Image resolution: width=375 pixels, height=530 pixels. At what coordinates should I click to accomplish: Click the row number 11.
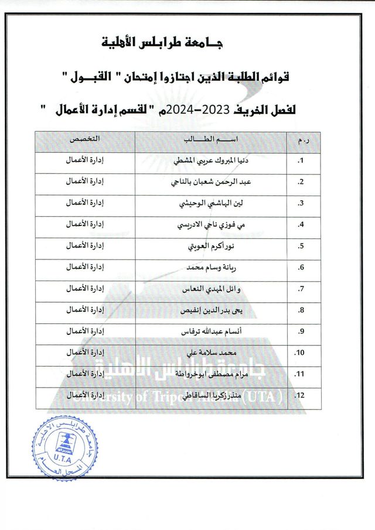pyautogui.click(x=299, y=375)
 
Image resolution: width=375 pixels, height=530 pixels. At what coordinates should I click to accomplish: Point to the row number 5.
pyautogui.click(x=300, y=247)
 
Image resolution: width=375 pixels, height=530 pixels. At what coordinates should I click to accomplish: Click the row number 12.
pyautogui.click(x=299, y=396)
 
